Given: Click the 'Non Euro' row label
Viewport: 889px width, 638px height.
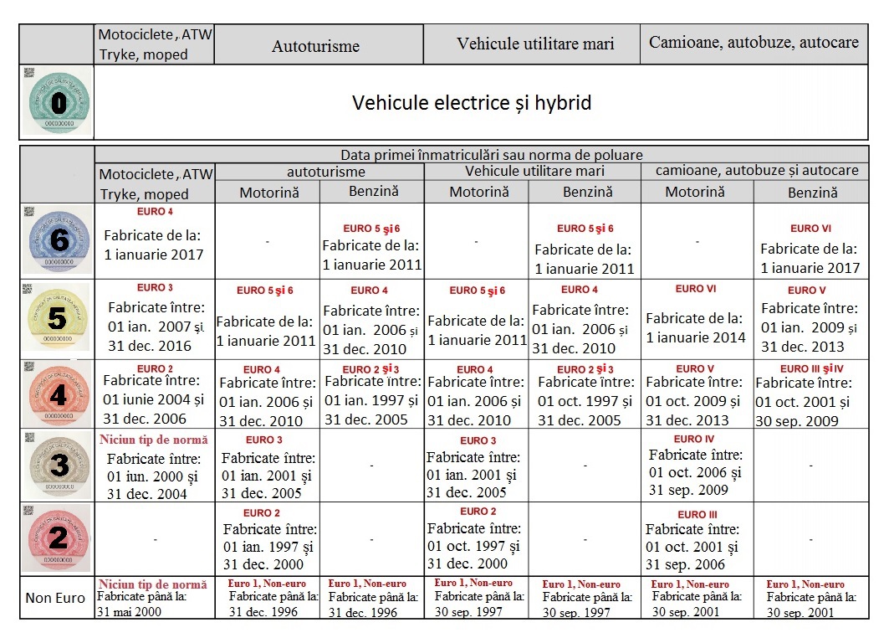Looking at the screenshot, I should [x=55, y=598].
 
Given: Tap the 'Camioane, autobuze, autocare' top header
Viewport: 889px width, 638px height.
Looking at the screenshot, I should [x=754, y=43].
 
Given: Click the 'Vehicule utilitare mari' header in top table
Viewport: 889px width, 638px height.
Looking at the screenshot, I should [x=535, y=44].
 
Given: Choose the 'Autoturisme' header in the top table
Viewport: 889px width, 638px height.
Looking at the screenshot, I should [x=315, y=46].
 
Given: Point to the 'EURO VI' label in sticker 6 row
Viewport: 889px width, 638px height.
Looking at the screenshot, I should [x=810, y=229].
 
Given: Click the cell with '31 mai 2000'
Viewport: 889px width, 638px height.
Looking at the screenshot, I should [x=129, y=611].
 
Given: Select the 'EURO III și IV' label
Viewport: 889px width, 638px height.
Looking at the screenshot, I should [x=812, y=368].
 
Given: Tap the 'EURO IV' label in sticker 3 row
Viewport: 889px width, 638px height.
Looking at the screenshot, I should [x=694, y=439].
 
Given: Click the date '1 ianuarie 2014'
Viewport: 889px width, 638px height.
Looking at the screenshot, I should [x=696, y=338].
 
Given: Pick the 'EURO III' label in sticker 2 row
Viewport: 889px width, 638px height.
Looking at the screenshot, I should [x=696, y=514].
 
